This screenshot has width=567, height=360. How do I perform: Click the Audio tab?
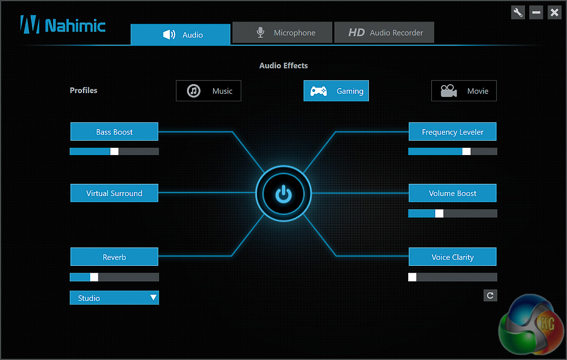tap(181, 34)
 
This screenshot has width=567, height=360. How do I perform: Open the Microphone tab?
tap(282, 33)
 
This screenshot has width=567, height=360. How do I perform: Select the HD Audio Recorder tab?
tap(384, 33)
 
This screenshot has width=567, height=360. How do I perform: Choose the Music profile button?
tap(209, 91)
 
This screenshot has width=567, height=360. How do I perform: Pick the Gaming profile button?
tap(336, 91)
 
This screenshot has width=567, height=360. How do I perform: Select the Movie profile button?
tap(464, 91)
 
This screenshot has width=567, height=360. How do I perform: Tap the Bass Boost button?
tap(114, 132)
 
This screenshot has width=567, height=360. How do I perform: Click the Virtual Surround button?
tap(114, 193)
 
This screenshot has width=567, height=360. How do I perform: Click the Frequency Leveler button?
tap(452, 132)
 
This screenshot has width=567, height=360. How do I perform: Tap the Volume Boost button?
tap(452, 193)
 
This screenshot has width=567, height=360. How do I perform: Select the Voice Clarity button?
tap(452, 257)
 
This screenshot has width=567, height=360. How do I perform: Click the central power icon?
tap(283, 194)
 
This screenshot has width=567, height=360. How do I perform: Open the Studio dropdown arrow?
tap(153, 298)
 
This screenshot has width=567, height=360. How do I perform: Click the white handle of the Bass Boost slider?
tap(115, 151)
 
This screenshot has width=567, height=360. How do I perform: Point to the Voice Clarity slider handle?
tap(412, 277)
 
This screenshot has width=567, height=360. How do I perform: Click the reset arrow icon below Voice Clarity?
tap(490, 296)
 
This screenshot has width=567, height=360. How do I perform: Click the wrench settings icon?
tap(518, 12)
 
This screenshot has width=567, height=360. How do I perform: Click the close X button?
tap(554, 12)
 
